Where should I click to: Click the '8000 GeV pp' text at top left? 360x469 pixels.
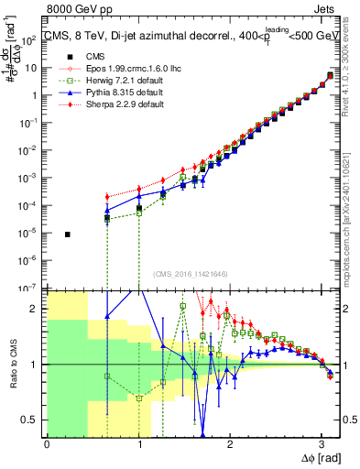coord(39,7)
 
